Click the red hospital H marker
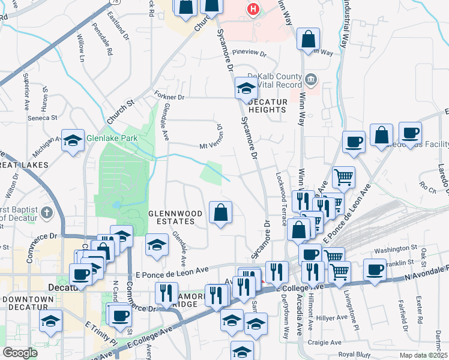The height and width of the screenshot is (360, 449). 254,9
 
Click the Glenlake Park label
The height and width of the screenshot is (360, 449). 112,138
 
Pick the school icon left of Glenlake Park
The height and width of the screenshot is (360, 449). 73,141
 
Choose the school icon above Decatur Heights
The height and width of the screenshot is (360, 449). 246,89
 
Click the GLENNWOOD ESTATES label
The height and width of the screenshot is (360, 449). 172,217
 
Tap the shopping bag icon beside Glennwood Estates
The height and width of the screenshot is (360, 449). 220,212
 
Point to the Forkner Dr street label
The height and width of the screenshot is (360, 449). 172,97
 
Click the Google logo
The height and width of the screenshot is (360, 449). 20,352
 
